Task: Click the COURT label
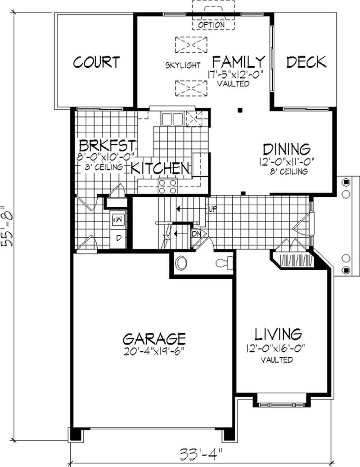[96, 62]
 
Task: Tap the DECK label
[306, 62]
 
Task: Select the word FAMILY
[238, 62]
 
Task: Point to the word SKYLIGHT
[183, 65]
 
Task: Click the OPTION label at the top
[211, 25]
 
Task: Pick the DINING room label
[287, 149]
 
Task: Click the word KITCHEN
[160, 168]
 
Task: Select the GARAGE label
[154, 339]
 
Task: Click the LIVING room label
[278, 334]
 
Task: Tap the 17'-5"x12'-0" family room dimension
[236, 74]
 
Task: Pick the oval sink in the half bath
[181, 263]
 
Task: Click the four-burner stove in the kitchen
[168, 186]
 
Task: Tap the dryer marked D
[118, 238]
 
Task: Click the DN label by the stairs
[196, 234]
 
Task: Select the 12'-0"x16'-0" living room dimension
[276, 348]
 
